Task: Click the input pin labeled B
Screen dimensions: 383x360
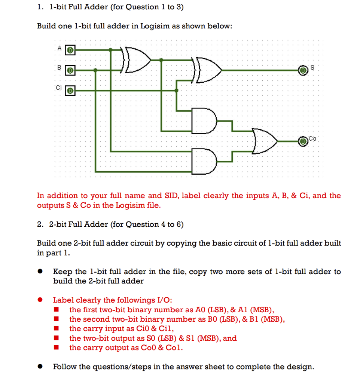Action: click(71, 70)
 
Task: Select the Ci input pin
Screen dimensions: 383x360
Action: click(71, 90)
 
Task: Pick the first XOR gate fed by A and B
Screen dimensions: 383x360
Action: click(137, 60)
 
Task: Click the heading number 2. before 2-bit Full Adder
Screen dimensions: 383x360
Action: click(40, 224)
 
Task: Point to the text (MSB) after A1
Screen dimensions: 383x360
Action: click(262, 310)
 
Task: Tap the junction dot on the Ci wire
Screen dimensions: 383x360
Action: click(177, 90)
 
